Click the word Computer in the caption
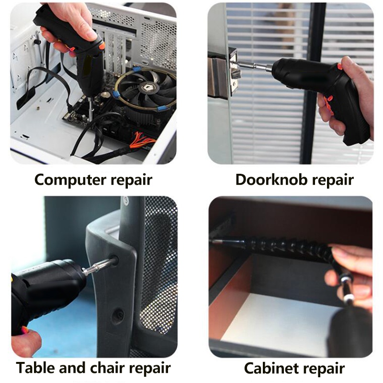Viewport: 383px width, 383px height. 70,180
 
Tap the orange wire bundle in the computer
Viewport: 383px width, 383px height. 142,141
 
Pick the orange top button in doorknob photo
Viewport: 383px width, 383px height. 340,67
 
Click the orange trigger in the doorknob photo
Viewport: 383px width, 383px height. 329,104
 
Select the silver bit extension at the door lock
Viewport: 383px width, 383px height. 254,66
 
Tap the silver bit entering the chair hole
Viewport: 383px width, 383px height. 99,266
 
